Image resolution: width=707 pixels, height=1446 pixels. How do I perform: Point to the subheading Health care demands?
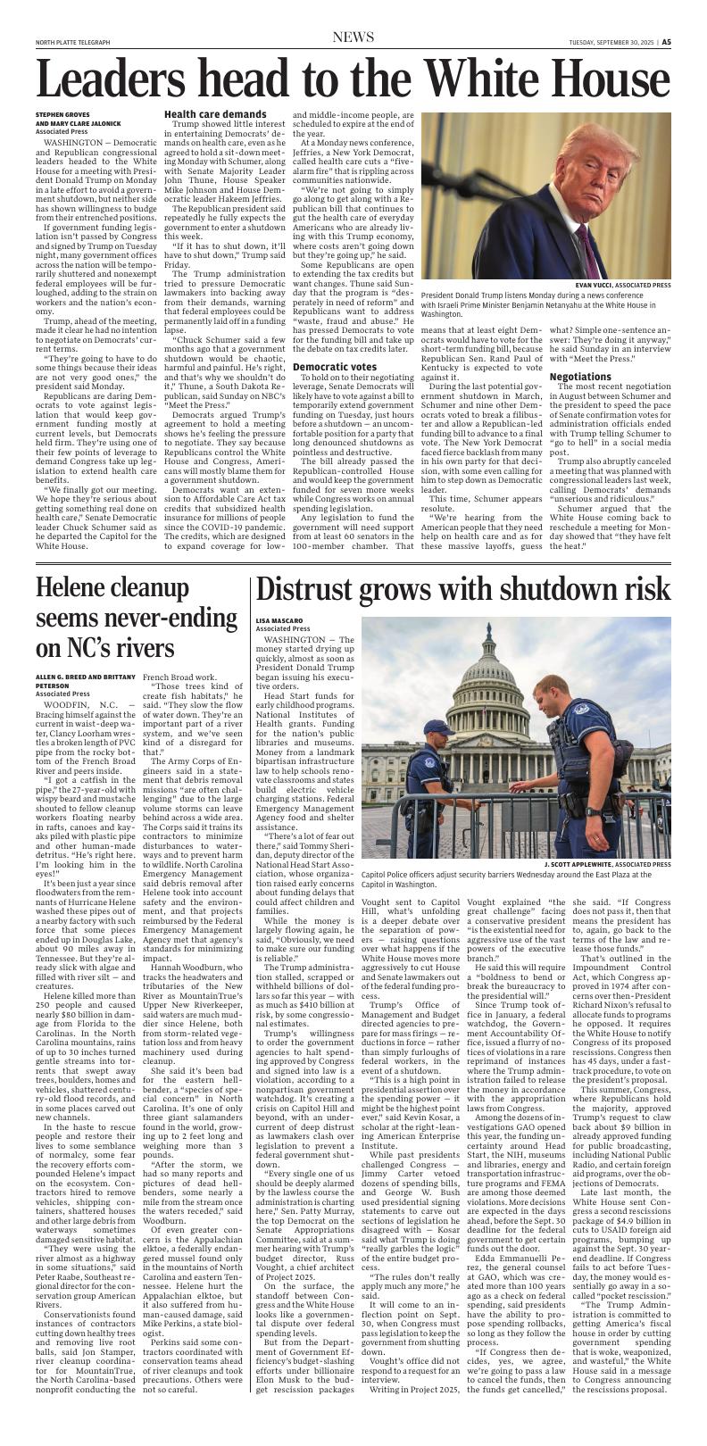click(203, 115)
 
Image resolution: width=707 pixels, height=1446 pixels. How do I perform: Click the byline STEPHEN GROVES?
click(63, 115)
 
